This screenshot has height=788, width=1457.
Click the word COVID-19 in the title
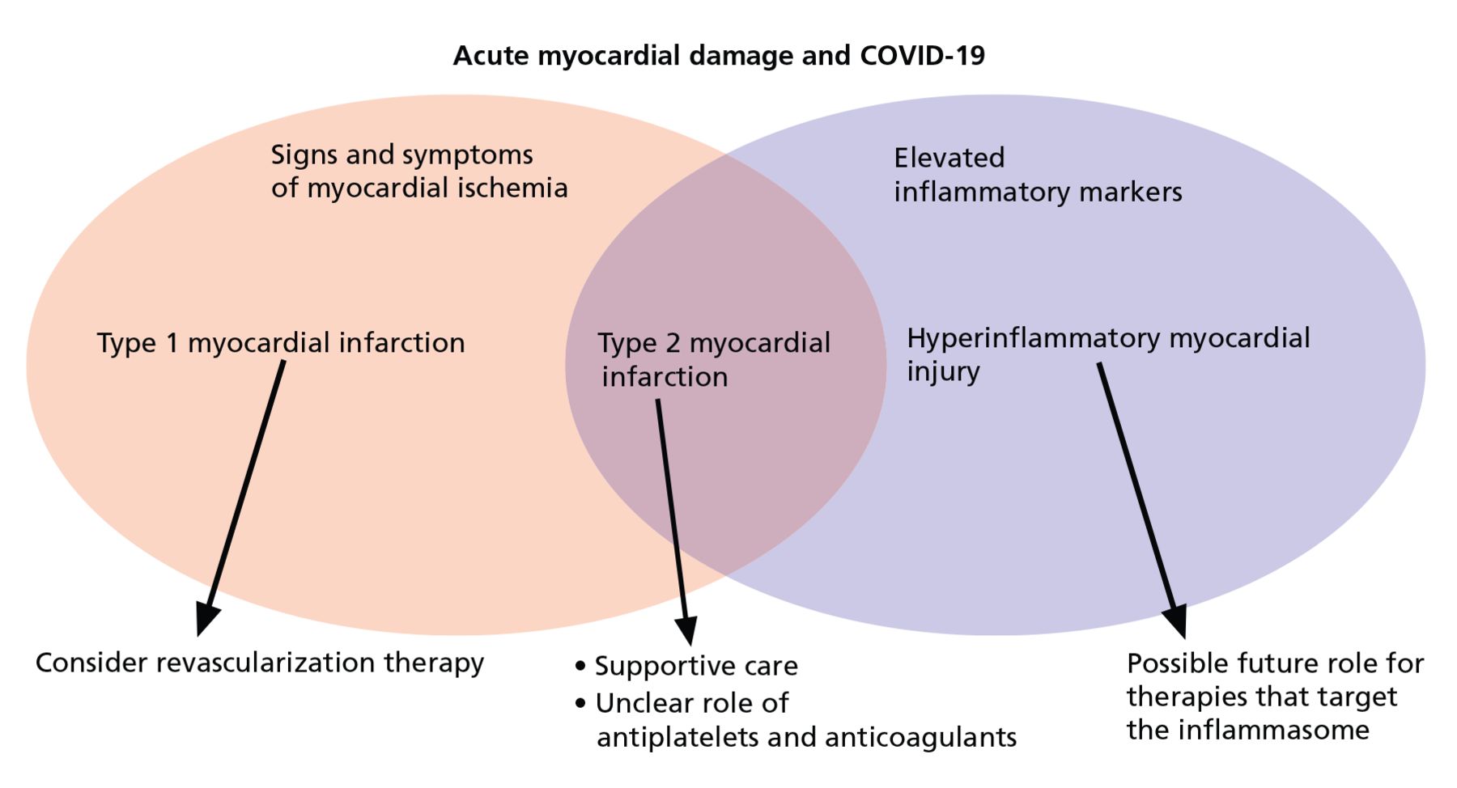point(922,56)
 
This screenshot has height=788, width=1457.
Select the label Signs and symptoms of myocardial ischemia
point(419,171)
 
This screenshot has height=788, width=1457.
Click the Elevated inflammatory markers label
point(1038,175)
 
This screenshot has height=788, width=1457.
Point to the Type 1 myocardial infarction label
point(281,343)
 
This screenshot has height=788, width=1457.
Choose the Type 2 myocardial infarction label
point(714,360)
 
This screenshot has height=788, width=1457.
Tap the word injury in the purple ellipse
point(943,372)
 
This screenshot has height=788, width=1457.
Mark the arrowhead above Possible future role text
point(1176,621)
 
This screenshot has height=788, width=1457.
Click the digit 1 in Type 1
point(172,343)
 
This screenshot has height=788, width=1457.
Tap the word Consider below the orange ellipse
point(91,663)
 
